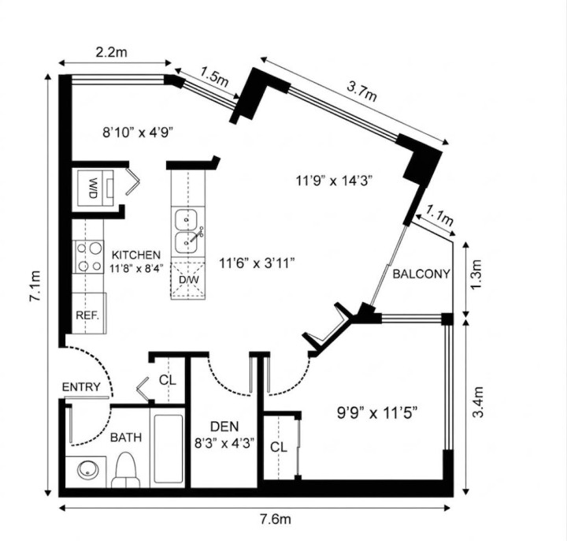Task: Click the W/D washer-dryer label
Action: point(93,188)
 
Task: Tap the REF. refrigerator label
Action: point(87,315)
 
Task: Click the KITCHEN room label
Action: point(136,255)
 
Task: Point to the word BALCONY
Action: point(421,274)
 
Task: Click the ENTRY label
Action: point(81,387)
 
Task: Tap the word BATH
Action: point(126,438)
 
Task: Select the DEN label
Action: point(224,427)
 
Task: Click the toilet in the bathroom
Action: point(125,470)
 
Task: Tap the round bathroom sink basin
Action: point(88,470)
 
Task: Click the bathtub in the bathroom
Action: point(169,449)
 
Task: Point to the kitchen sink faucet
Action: point(196,235)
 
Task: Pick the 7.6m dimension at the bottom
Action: point(275,519)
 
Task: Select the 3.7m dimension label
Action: point(361,91)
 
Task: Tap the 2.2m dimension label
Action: point(111,53)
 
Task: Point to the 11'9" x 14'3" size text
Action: point(334,180)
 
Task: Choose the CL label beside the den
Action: point(279,447)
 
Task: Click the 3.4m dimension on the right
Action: point(478,402)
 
